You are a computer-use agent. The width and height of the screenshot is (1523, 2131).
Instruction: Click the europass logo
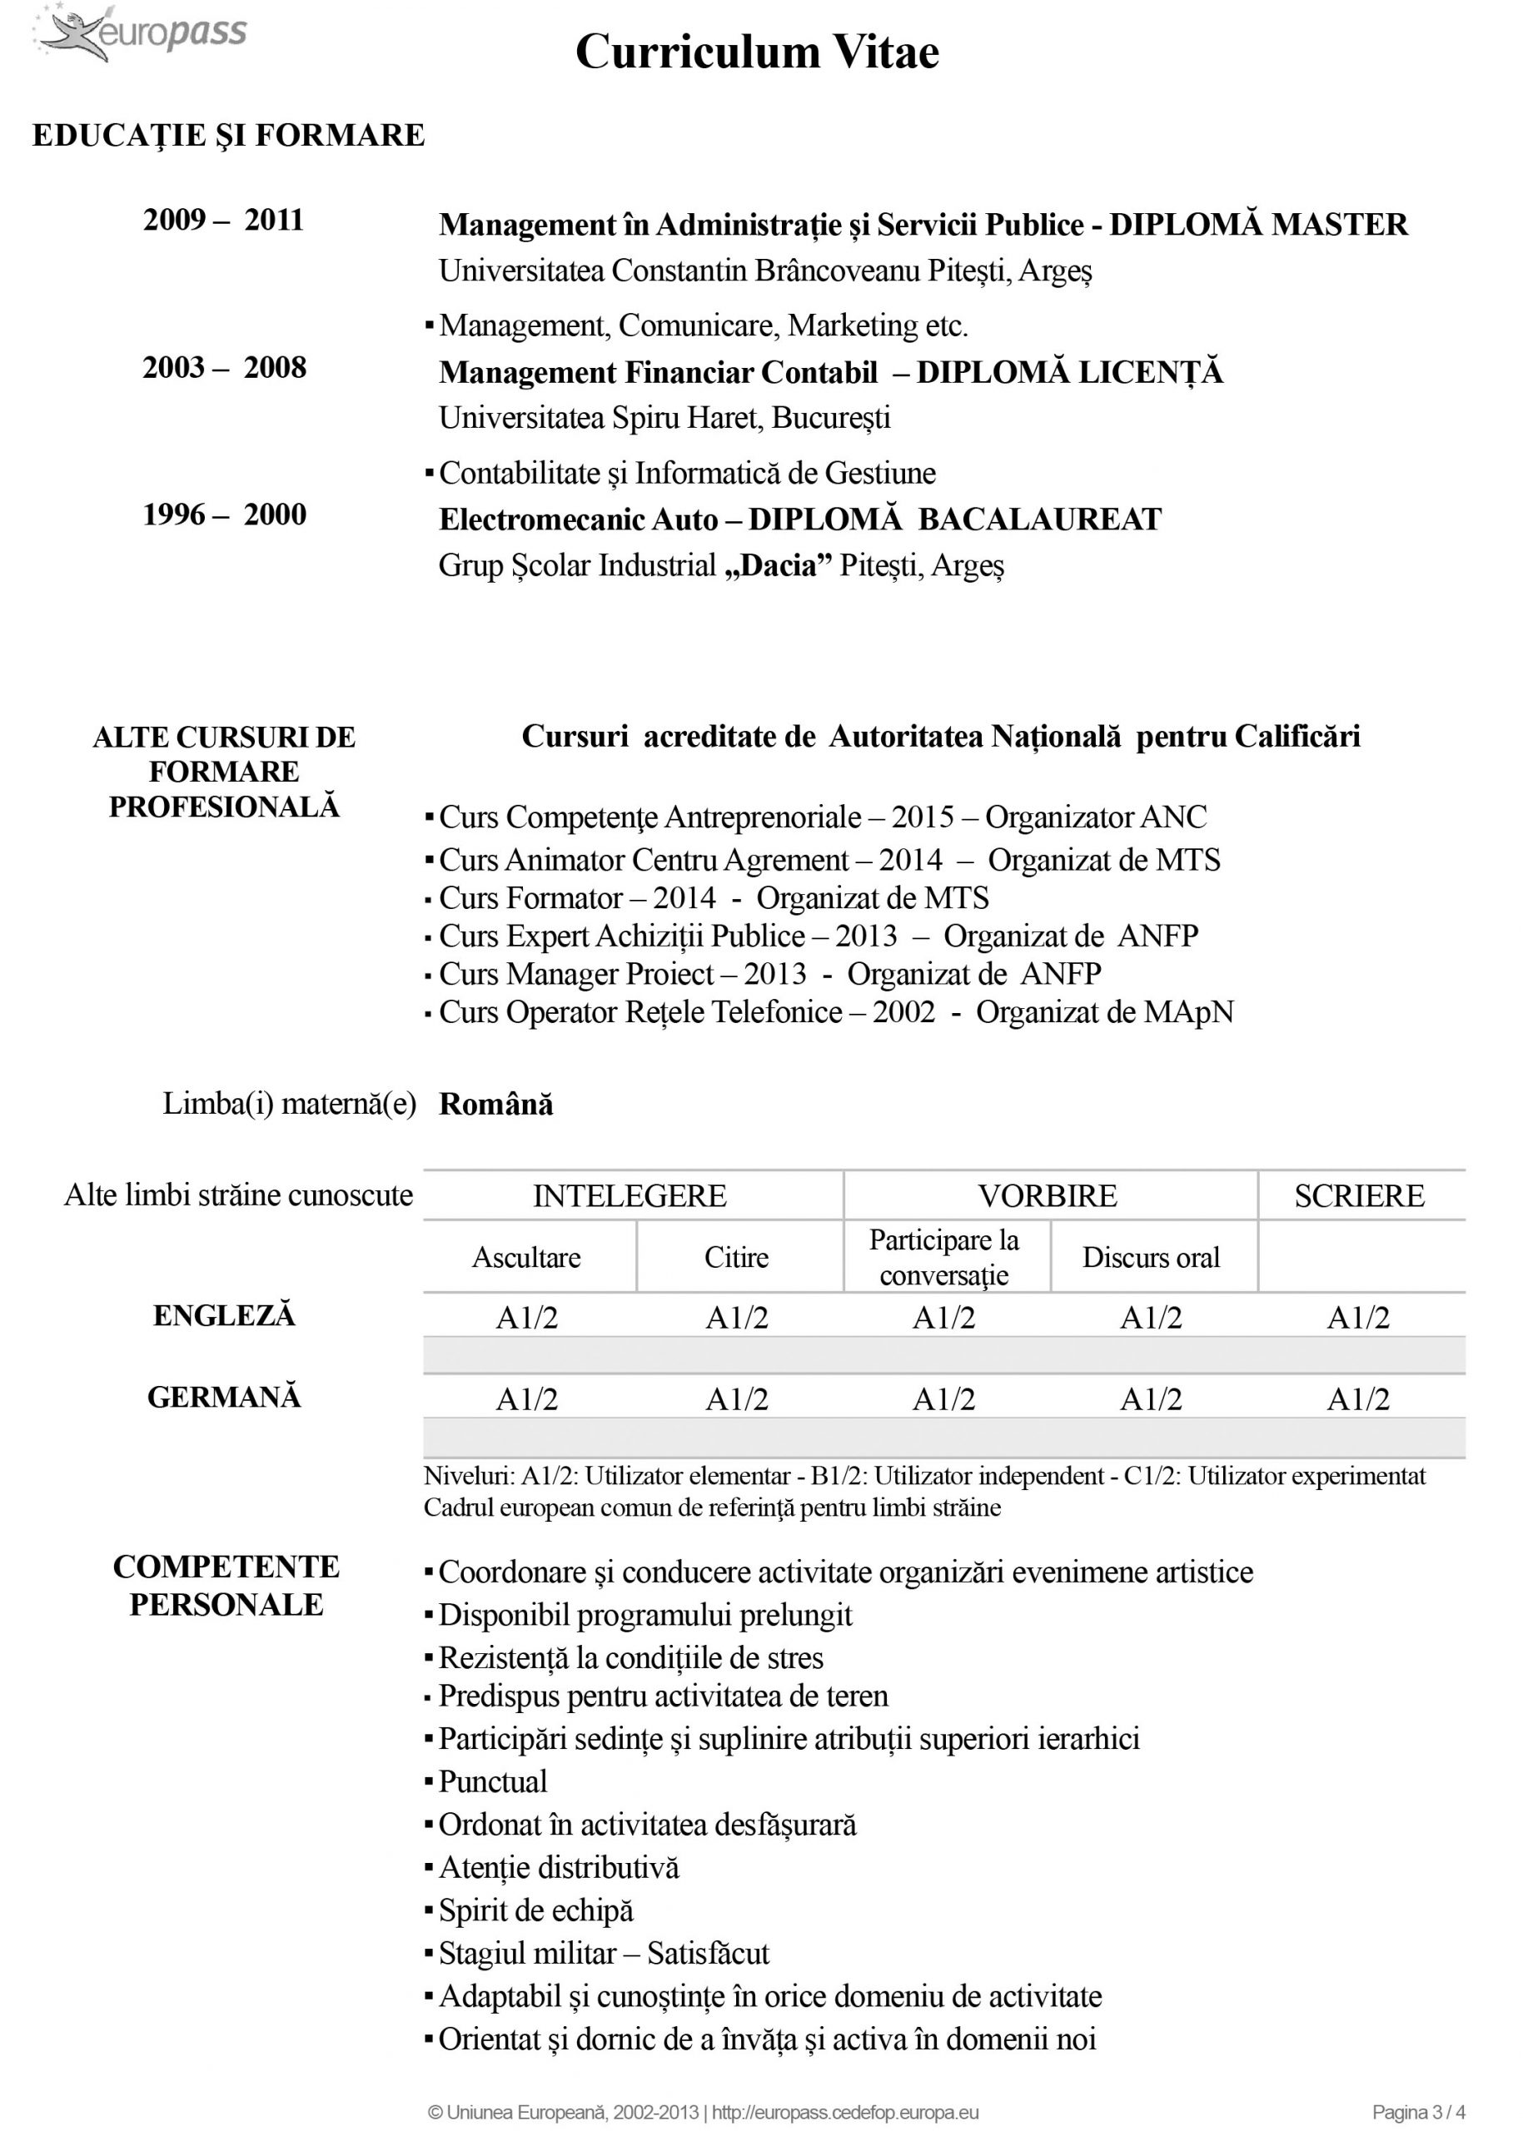coord(141,32)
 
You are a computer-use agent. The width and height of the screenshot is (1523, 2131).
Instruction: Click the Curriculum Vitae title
coord(757,52)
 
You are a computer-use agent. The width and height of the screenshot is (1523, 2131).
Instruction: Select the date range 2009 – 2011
coord(223,221)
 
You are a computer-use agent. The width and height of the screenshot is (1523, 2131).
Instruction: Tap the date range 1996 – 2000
coord(224,514)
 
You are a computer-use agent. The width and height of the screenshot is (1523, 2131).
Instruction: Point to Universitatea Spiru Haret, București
coord(664,418)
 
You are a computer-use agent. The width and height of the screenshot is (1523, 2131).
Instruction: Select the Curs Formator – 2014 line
coord(713,898)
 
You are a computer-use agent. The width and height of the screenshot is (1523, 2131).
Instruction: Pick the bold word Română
coord(496,1105)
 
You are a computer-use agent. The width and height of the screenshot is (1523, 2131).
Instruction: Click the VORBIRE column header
coord(1048,1196)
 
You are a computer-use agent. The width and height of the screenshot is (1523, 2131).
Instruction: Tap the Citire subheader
coord(736,1257)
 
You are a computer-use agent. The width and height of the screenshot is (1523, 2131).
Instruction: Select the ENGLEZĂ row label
coord(224,1315)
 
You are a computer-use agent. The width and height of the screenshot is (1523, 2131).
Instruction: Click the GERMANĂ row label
coord(224,1397)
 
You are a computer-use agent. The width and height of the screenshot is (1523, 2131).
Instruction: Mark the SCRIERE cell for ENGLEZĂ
coord(1358,1319)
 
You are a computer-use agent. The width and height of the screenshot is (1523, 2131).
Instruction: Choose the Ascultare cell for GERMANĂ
coord(526,1400)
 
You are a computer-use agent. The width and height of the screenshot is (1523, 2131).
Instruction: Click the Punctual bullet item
coord(492,1781)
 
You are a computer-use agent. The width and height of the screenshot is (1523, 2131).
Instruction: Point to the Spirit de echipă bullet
coord(535,1910)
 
